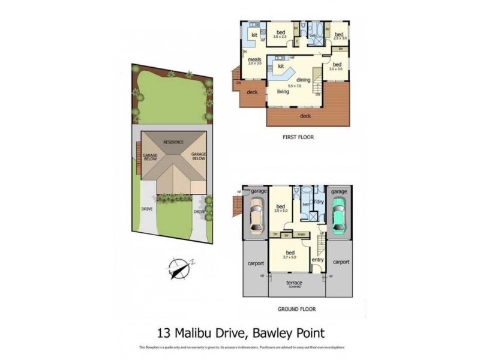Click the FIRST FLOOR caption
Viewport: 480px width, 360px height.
[x=298, y=137]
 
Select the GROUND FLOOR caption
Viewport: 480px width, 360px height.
[x=296, y=310]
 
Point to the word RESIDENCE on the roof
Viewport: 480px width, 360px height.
[x=174, y=142]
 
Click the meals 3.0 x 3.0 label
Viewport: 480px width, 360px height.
[x=254, y=61]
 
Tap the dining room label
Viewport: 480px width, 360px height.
[x=303, y=80]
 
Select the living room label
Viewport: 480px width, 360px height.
[x=283, y=92]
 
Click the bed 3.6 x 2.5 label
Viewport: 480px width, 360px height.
[x=280, y=35]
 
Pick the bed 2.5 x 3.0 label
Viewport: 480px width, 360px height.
[x=339, y=35]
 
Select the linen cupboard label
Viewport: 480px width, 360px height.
[x=302, y=234]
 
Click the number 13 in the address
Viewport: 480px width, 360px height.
[x=164, y=332]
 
